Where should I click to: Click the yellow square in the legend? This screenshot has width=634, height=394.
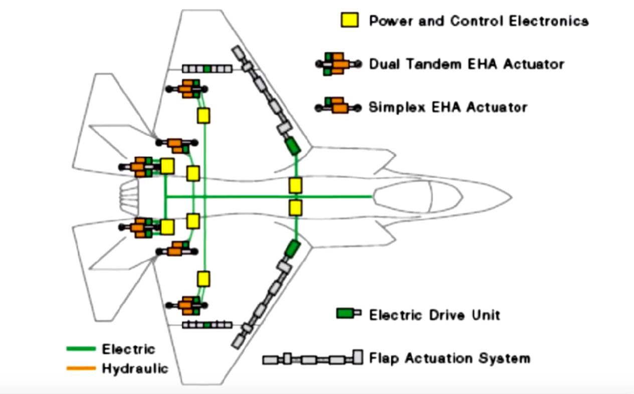[x=350, y=21]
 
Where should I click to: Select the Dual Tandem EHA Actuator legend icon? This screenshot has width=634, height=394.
[x=338, y=64]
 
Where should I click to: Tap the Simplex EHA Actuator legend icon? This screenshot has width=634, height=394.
[x=337, y=106]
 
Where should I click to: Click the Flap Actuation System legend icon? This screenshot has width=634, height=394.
[x=312, y=358]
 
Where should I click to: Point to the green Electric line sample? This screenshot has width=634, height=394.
[x=81, y=348]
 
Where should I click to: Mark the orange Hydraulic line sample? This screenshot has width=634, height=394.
[x=81, y=368]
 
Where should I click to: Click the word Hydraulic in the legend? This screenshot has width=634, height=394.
[x=135, y=369]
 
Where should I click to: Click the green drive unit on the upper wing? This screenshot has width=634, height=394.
[x=291, y=146]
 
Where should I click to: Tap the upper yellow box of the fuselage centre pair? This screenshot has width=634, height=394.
[x=295, y=185]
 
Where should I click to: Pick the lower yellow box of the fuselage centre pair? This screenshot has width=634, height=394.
[x=295, y=207]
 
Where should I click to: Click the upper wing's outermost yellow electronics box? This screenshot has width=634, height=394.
[x=203, y=116]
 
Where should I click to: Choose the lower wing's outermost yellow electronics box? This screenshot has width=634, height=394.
[x=203, y=278]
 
